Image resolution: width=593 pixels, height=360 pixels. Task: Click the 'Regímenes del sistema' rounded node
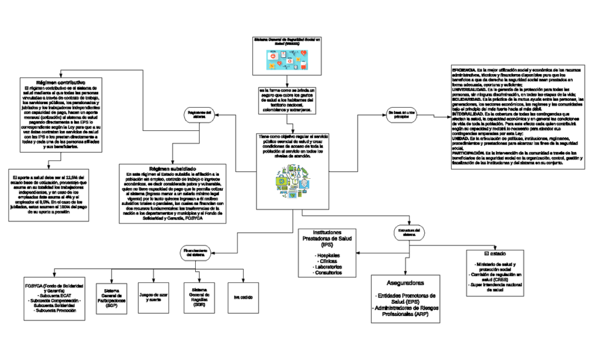coord(198,115)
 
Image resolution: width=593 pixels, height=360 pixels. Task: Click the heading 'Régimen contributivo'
coord(61,83)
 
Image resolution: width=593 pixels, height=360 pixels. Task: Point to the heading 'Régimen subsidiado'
coord(174,167)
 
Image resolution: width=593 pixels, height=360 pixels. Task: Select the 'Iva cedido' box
coord(243,297)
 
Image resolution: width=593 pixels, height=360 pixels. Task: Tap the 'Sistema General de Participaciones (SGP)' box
coord(111,299)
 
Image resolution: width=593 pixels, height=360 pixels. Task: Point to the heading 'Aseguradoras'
coord(404,283)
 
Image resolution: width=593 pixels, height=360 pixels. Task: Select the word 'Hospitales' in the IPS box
coord(327,255)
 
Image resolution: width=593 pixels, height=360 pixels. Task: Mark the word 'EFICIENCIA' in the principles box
coord(463,69)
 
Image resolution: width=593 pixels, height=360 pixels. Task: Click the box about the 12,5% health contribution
coord(49,194)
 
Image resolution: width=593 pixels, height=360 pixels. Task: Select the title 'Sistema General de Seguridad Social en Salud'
coord(287,41)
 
